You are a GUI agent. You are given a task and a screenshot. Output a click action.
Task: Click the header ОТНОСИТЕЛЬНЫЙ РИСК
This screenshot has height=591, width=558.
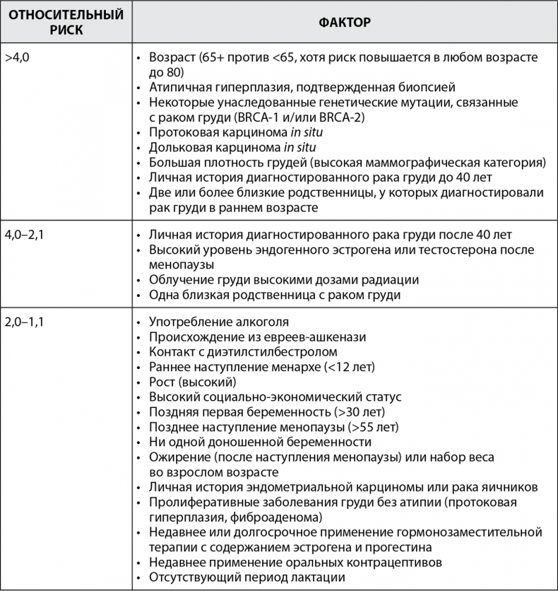pos(65,22)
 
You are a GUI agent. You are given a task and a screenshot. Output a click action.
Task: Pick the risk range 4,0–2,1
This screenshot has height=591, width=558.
pos(24,235)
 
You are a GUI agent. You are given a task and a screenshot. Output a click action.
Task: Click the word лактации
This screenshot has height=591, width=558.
pos(311,578)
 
